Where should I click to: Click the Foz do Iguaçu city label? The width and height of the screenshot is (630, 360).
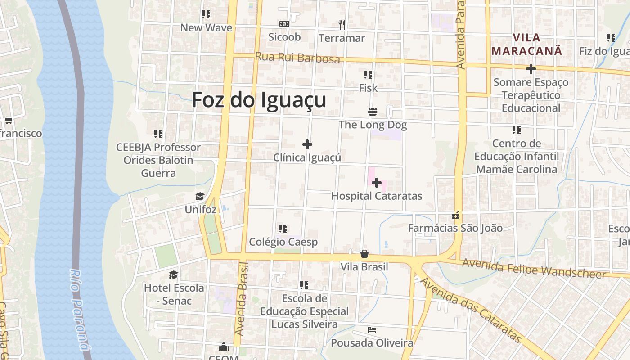[x=259, y=100]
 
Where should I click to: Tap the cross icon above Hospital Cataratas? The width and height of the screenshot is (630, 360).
[x=377, y=183]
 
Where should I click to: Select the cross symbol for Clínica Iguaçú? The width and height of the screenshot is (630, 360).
[x=307, y=144]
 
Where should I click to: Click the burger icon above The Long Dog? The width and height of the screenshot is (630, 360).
[x=372, y=112]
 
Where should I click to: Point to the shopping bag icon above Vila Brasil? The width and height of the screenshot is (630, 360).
[x=364, y=254]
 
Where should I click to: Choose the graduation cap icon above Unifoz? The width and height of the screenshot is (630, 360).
[x=200, y=197]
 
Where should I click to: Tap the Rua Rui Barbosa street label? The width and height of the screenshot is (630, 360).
[x=297, y=58]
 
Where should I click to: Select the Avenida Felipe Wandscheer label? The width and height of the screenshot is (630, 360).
[x=534, y=268]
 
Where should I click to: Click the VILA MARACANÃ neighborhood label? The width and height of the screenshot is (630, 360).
[x=527, y=44]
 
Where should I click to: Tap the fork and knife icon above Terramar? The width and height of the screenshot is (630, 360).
[x=342, y=24]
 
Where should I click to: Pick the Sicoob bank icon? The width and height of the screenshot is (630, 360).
[x=284, y=23]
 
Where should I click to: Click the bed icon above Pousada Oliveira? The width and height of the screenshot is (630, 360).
[x=372, y=330]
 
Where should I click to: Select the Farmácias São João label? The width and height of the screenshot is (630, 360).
[x=455, y=228]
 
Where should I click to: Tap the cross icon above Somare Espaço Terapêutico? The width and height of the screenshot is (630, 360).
[x=531, y=69]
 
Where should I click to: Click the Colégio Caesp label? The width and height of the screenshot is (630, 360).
[x=283, y=242]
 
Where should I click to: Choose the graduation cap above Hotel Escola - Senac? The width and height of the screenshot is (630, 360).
[x=173, y=274]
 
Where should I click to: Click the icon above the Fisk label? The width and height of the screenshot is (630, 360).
[x=368, y=74]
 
